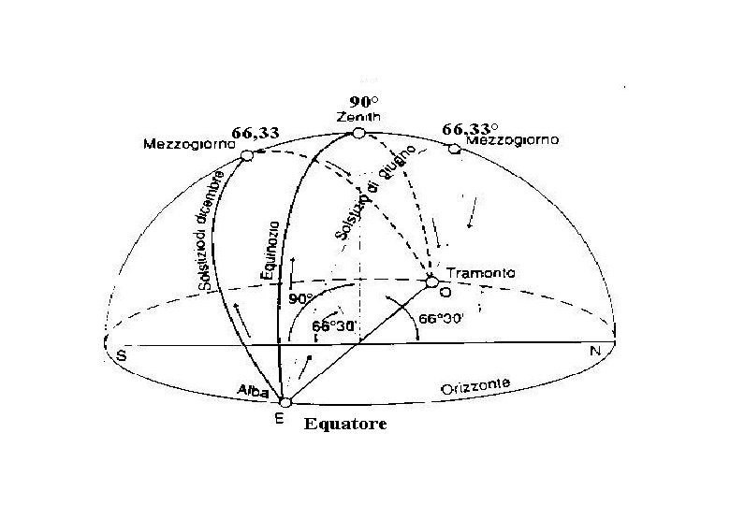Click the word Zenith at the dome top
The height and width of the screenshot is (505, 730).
pyautogui.click(x=358, y=117)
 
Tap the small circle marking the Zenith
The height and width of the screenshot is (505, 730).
pyautogui.click(x=358, y=134)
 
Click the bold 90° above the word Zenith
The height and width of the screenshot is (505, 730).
pyautogui.click(x=363, y=101)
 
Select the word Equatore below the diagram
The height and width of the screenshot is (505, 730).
pyautogui.click(x=344, y=424)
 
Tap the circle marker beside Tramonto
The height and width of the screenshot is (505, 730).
pyautogui.click(x=431, y=281)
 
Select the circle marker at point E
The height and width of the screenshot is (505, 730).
pyautogui.click(x=285, y=402)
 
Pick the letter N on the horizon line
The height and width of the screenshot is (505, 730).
pyautogui.click(x=594, y=352)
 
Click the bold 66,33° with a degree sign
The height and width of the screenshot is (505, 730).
pyautogui.click(x=471, y=127)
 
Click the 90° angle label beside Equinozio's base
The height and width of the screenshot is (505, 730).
pyautogui.click(x=300, y=299)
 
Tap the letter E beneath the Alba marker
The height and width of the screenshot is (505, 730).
pyautogui.click(x=280, y=420)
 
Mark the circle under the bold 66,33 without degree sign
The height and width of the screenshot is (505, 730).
pyautogui.click(x=246, y=155)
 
